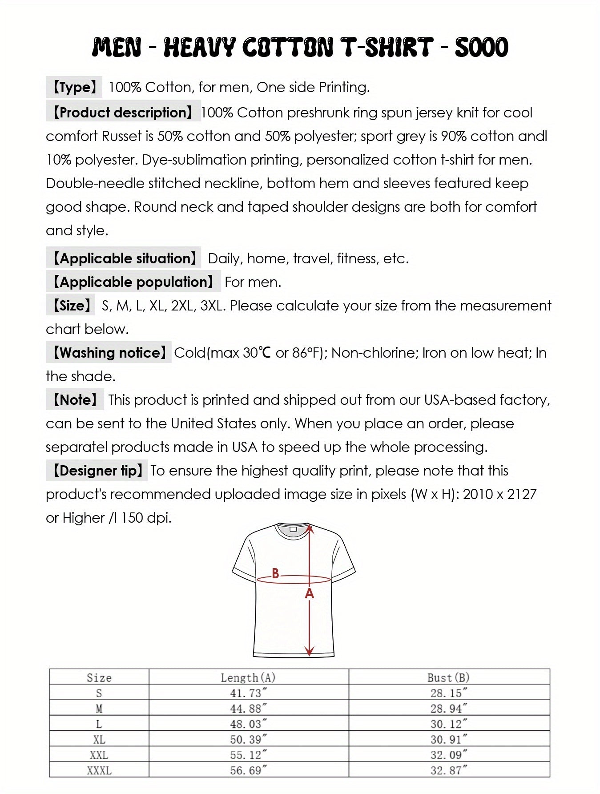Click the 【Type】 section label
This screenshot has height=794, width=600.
pos(74,87)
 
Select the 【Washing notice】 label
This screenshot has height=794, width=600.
pos(109,353)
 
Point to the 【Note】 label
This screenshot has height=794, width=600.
pos(75,400)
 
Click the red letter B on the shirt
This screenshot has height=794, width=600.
pos(275,573)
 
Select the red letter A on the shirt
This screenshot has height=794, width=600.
pos(310,593)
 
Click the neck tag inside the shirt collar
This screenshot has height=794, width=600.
pos(293,529)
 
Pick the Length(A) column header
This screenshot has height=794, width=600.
pos(248,677)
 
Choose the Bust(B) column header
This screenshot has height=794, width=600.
pos(448,677)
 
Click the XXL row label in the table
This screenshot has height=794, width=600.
pos(99,755)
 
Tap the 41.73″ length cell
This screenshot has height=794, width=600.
pos(248,693)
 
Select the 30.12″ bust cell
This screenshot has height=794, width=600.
pos(448,724)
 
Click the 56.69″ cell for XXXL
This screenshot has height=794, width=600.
pos(248,770)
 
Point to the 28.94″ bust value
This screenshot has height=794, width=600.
pos(448,709)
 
